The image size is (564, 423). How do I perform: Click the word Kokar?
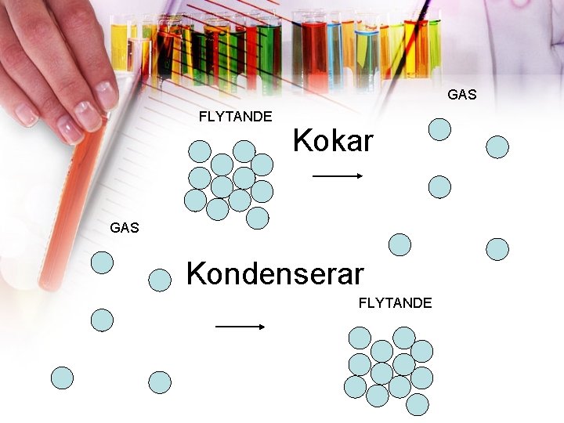click(333, 142)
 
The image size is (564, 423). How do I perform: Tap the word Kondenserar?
click(275, 274)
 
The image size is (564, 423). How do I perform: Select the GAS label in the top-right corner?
click(462, 95)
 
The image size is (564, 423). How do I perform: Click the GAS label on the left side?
click(125, 228)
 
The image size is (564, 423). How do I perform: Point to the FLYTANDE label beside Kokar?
click(235, 117)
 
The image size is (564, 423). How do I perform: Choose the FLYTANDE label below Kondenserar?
click(395, 303)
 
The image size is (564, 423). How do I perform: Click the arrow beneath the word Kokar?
click(338, 177)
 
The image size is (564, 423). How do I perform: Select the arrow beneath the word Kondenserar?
click(240, 327)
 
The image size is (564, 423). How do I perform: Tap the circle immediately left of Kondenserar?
click(160, 280)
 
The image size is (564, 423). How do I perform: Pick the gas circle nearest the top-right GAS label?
click(440, 128)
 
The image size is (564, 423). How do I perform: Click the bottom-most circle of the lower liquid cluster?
click(418, 404)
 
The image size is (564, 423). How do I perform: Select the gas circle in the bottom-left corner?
click(62, 378)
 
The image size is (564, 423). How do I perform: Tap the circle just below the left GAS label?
click(102, 262)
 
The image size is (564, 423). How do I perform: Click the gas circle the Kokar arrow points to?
click(440, 186)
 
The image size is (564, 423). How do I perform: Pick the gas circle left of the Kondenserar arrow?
click(102, 320)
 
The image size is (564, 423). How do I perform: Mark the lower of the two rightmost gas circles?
click(497, 249)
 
